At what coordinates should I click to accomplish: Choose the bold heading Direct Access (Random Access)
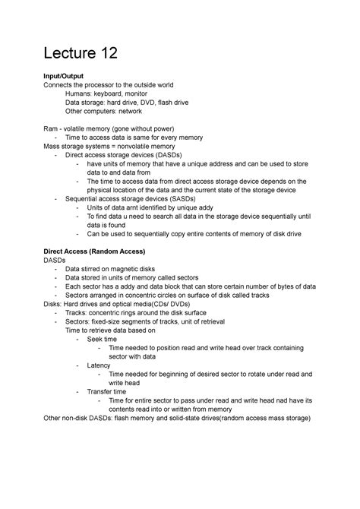click(x=94, y=251)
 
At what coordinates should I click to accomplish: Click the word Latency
click(x=99, y=365)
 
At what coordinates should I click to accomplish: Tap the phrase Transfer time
click(x=106, y=391)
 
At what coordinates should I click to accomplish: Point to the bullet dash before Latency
click(x=78, y=365)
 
